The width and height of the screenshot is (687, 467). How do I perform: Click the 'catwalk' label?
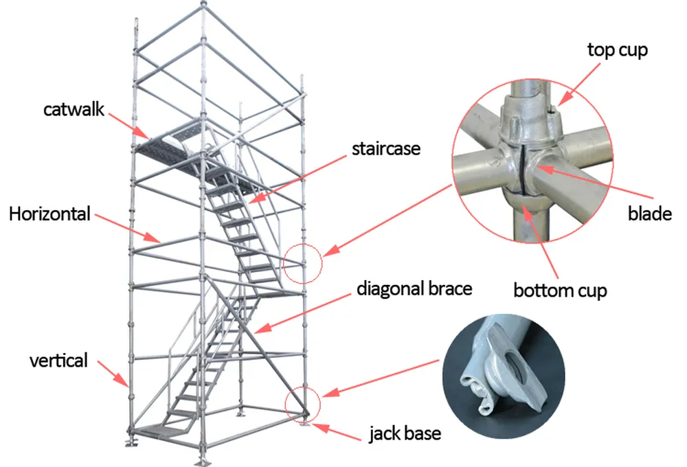pos(74,109)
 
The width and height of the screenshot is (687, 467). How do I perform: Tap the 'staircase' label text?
pos(385,148)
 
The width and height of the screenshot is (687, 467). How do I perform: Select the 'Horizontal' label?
pos(49,214)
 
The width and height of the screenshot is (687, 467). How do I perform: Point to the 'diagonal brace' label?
pos(414,288)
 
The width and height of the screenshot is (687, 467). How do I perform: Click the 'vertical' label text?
pos(58,360)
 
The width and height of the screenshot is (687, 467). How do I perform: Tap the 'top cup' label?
pos(617,50)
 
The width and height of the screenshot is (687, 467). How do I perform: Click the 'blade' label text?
pos(649,214)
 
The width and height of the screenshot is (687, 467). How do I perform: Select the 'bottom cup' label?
pos(560,291)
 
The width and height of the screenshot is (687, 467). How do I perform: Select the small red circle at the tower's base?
pos(303,403)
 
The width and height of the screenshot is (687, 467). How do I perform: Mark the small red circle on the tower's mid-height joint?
pos(302,262)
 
